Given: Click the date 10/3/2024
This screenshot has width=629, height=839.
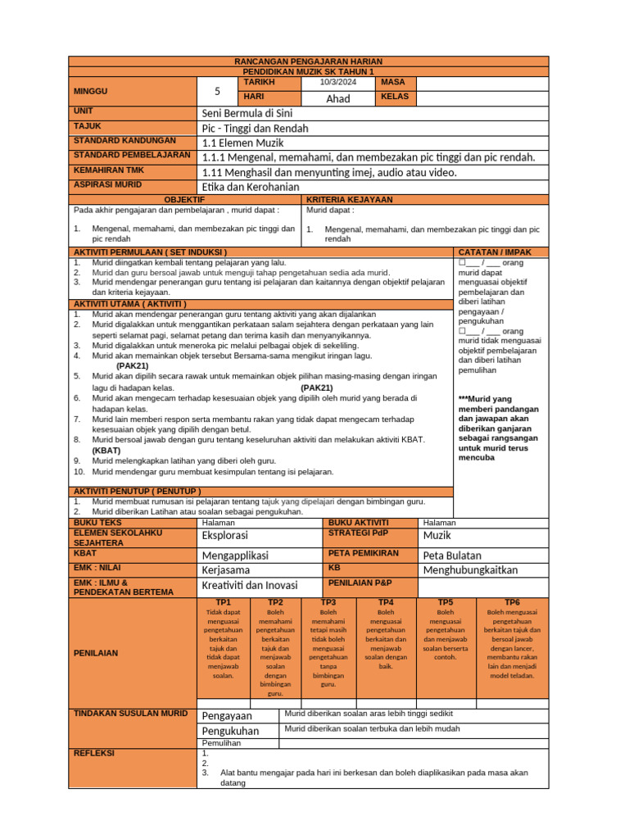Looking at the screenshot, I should click(338, 83).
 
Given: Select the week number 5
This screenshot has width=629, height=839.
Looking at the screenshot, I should click(217, 91).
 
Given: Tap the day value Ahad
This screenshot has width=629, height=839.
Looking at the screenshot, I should click(338, 98).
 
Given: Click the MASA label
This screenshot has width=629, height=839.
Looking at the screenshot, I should click(394, 83).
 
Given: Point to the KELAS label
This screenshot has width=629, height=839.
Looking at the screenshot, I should click(396, 98).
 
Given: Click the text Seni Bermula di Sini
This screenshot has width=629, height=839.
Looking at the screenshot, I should click(247, 113).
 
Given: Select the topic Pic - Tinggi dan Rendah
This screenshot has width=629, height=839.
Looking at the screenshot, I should click(255, 128).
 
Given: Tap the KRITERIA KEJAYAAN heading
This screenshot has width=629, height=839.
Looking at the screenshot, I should click(349, 200).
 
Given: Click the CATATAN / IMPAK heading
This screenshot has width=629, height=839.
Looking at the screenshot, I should click(494, 252).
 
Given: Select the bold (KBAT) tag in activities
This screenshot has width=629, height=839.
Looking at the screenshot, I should click(106, 450).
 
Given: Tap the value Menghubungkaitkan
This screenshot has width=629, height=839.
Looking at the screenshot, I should click(470, 570).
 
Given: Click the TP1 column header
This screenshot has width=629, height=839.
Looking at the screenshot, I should click(223, 602).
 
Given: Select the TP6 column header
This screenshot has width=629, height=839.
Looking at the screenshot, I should click(512, 602).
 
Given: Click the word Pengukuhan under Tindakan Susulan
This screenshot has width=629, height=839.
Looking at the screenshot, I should click(230, 731).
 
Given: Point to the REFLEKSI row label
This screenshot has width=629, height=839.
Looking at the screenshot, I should click(94, 753).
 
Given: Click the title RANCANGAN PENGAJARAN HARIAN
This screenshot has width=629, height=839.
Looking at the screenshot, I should click(308, 61).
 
